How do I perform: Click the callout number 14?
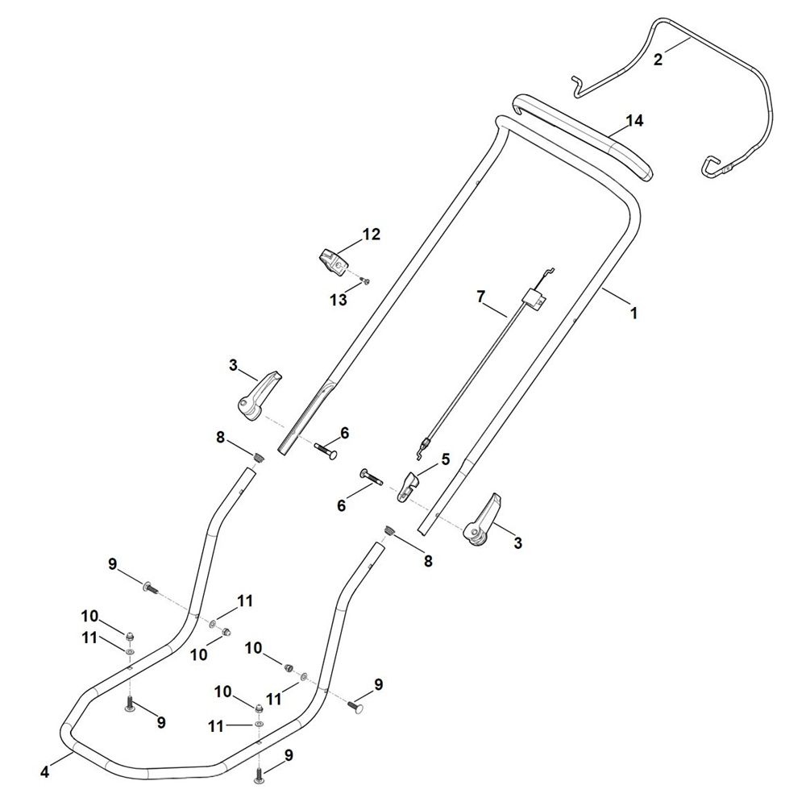tap(634, 121)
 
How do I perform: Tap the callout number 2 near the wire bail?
tap(658, 60)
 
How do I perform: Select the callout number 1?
tap(634, 312)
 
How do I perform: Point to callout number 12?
tap(371, 235)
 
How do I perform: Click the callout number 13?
tap(339, 300)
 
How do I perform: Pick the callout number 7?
tap(480, 297)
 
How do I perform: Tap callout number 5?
tap(445, 459)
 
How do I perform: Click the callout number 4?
tap(44, 771)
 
